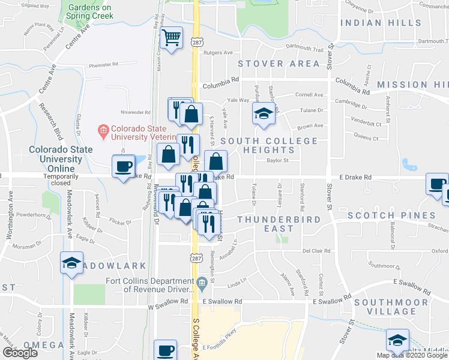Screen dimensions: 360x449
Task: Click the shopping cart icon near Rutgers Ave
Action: pos(172,38)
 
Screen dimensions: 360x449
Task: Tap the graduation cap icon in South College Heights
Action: pos(263,113)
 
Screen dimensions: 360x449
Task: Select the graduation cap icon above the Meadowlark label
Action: pos(71,263)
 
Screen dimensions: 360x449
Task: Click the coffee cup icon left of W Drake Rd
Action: pos(124,166)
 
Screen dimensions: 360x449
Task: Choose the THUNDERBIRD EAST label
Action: pos(274,224)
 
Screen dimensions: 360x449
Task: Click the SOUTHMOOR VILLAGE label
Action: pos(393,307)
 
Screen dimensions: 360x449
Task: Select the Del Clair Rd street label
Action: pos(314,250)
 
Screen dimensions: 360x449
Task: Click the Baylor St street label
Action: pos(278,161)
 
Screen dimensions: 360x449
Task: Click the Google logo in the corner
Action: pos(20,353)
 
